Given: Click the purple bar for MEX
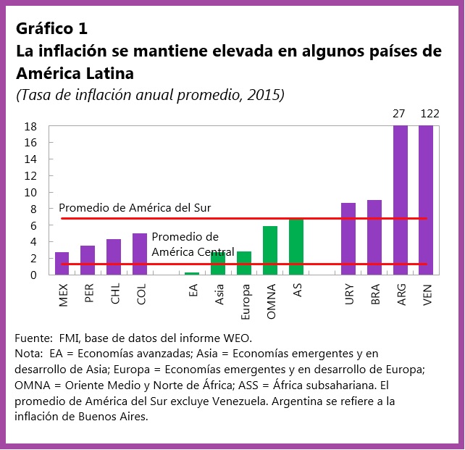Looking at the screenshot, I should (62, 264).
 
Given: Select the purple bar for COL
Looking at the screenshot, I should (140, 254).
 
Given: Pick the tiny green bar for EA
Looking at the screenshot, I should (192, 273).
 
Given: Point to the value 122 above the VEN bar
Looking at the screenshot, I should (430, 114).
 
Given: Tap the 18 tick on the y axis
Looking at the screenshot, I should (31, 126).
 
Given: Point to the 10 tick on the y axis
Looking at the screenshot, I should (31, 192).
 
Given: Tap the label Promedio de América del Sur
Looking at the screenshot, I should (135, 208).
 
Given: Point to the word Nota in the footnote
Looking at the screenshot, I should (28, 354).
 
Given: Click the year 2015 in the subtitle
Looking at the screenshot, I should (267, 95).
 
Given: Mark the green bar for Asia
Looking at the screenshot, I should (218, 263).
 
